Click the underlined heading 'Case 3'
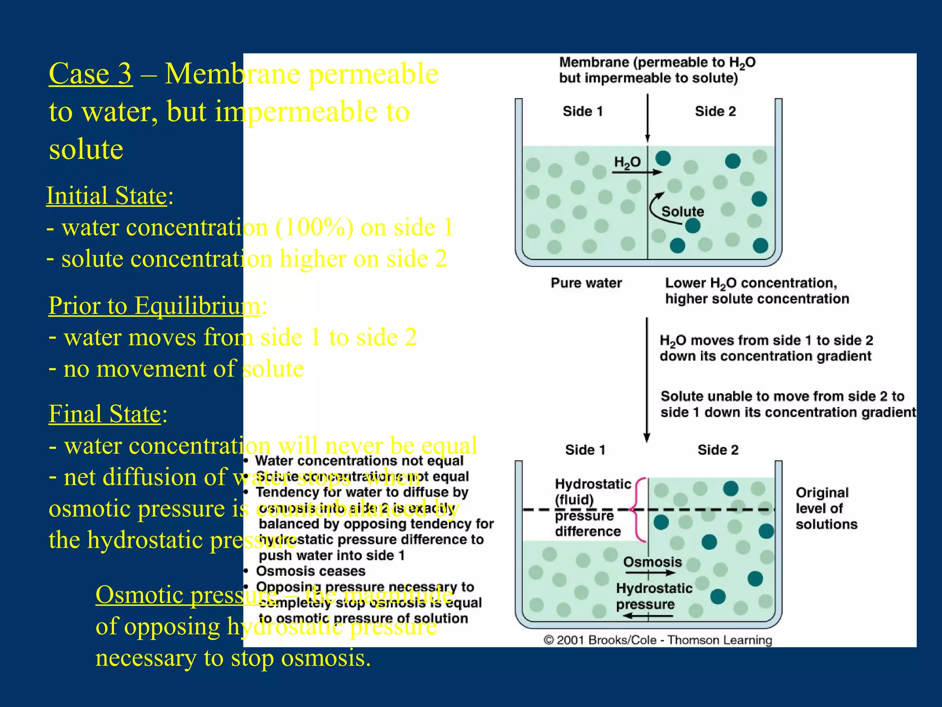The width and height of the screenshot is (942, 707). click(91, 74)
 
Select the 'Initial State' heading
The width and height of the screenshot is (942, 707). click(107, 196)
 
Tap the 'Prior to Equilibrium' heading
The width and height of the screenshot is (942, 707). click(154, 306)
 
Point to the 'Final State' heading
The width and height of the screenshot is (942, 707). click(105, 414)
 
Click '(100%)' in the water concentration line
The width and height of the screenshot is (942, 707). click(314, 227)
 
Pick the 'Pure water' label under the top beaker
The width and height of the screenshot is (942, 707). click(586, 283)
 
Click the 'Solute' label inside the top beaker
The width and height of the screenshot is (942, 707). click(683, 212)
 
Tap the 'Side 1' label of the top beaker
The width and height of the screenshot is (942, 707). click(582, 111)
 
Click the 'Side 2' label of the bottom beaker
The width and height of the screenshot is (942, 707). click(718, 450)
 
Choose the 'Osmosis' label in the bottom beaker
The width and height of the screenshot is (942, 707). click(652, 562)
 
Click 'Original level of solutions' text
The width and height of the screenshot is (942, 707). click(826, 509)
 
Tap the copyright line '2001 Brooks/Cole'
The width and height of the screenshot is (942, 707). click(658, 640)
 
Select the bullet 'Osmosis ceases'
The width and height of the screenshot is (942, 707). click(310, 571)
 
